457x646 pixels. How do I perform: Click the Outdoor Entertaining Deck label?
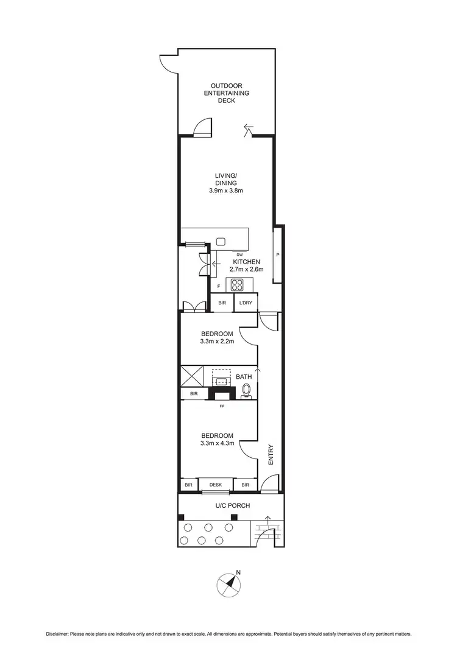pyautogui.click(x=226, y=93)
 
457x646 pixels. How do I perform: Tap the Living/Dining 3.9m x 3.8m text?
pyautogui.click(x=226, y=183)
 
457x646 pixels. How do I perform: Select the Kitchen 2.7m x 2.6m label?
pyautogui.click(x=247, y=265)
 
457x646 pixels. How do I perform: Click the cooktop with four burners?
pyautogui.click(x=236, y=284)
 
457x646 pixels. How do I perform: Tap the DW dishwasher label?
pyautogui.click(x=239, y=255)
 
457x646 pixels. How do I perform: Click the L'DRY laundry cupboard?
pyautogui.click(x=246, y=303)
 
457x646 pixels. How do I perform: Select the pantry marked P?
pyautogui.click(x=278, y=255)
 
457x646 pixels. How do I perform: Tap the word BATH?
pyautogui.click(x=244, y=377)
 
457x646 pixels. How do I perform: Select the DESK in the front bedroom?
pyautogui.click(x=216, y=485)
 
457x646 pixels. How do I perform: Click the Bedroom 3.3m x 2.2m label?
pyautogui.click(x=218, y=338)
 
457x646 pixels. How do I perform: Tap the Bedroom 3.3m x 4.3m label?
pyautogui.click(x=218, y=440)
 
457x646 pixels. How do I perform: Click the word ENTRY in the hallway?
pyautogui.click(x=271, y=454)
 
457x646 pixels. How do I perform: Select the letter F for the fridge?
pyautogui.click(x=219, y=286)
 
